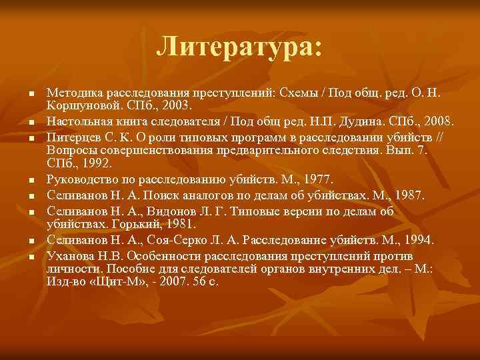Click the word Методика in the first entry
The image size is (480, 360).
(73, 93)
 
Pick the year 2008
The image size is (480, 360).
(439, 121)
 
